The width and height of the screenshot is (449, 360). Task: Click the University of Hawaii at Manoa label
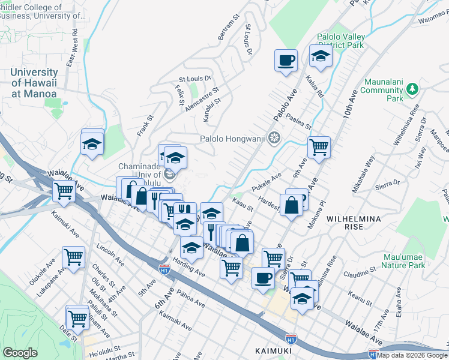point(34,83)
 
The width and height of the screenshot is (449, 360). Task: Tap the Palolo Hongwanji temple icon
point(274,139)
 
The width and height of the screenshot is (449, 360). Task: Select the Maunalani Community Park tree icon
point(411,89)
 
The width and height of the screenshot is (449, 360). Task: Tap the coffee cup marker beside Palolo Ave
point(286,60)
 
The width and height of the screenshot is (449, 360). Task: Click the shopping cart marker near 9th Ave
point(319,146)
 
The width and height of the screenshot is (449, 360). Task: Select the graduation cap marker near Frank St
point(92,143)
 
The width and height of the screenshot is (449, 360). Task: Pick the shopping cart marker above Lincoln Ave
point(73,257)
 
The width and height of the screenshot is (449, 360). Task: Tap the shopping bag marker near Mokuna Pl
point(291,205)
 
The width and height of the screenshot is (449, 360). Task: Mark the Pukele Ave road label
point(267,182)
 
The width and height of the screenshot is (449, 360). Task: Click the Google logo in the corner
point(20,353)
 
